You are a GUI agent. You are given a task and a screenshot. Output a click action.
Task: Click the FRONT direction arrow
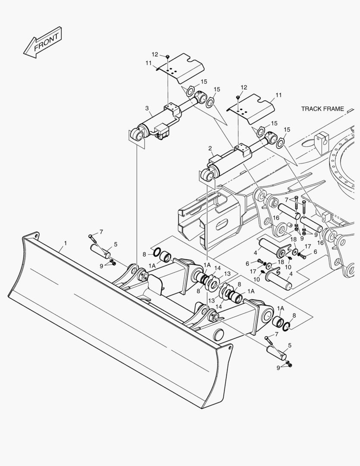[x=43, y=42]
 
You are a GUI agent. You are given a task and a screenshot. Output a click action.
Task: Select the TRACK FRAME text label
[x=322, y=109]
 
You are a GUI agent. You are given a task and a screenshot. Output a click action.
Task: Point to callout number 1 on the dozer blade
[x=65, y=243]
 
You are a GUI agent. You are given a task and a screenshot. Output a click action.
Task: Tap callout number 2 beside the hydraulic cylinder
[x=210, y=148]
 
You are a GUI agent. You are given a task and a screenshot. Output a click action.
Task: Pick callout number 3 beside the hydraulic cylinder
[x=147, y=108]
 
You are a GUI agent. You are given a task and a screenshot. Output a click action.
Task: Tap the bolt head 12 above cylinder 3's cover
[x=167, y=56]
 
